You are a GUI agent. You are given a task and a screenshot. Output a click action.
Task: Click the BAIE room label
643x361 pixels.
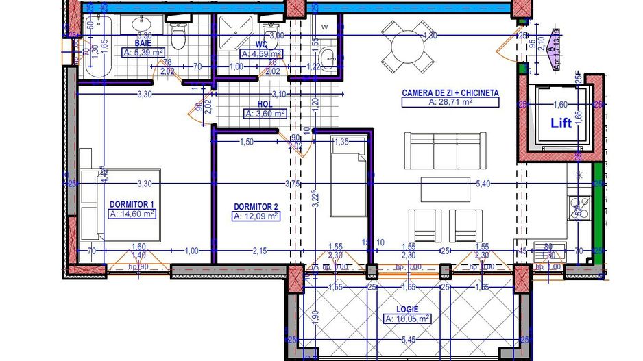pos(143,42)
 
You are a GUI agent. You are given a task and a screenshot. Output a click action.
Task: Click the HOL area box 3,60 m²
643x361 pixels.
pos(265,114)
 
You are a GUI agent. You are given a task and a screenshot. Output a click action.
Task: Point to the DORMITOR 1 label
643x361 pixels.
pos(132,203)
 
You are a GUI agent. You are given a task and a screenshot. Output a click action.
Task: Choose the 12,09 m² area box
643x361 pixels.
pos(256,216)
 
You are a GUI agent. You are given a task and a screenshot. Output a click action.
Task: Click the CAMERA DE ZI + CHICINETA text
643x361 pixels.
pos(450,92)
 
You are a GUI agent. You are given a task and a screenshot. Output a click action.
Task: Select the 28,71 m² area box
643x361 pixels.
pos(450,102)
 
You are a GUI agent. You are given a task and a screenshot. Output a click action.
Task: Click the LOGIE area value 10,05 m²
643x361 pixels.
pos(407,319)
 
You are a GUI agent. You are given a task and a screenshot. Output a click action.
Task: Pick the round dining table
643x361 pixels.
pos(407,46)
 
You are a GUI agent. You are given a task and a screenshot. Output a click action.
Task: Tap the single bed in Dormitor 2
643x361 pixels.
pos(350,176)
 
